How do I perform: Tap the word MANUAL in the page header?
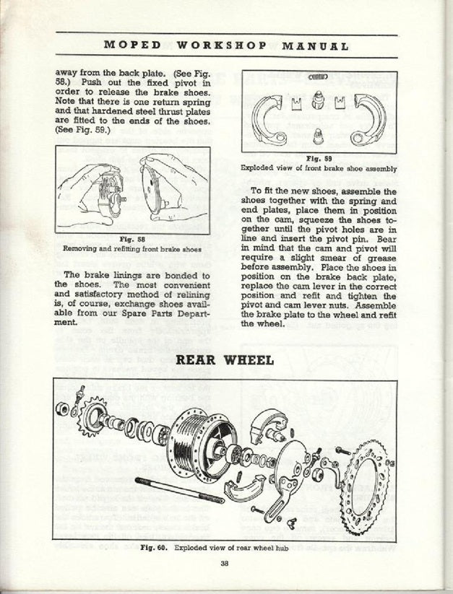[x=315, y=45]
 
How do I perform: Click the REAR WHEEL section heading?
[x=225, y=359]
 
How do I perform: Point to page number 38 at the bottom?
[x=225, y=565]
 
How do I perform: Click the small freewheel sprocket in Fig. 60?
[x=92, y=414]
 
